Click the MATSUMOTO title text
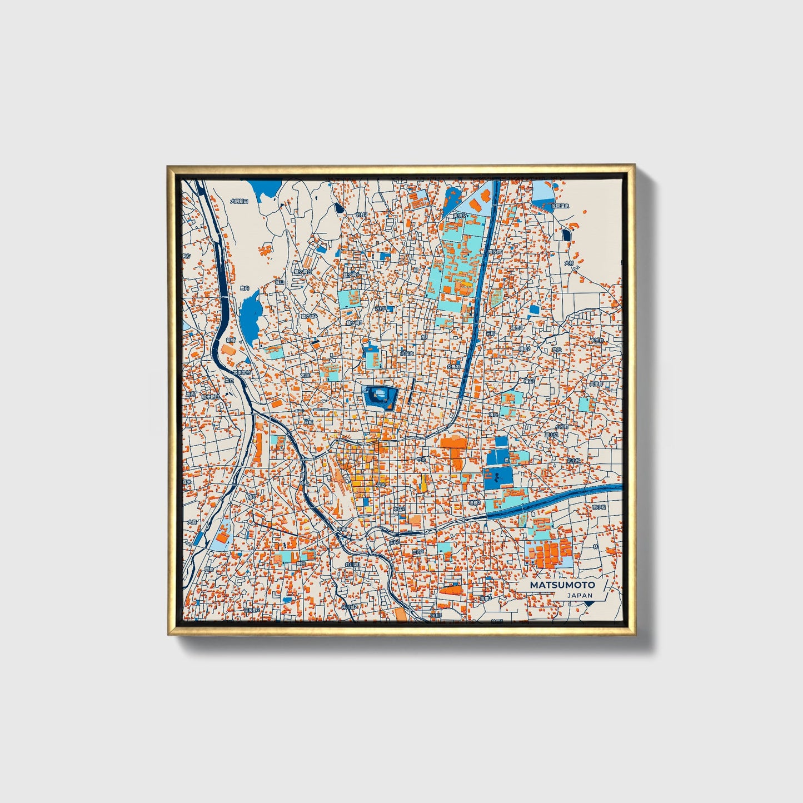[x=562, y=585]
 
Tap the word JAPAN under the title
[x=580, y=595]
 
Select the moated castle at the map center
[x=380, y=396]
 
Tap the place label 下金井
[x=596, y=340]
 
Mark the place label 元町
[x=490, y=333]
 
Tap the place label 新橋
[x=231, y=340]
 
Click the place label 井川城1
[x=352, y=565]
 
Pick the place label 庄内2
[x=418, y=552]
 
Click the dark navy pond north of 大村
[x=566, y=235]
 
